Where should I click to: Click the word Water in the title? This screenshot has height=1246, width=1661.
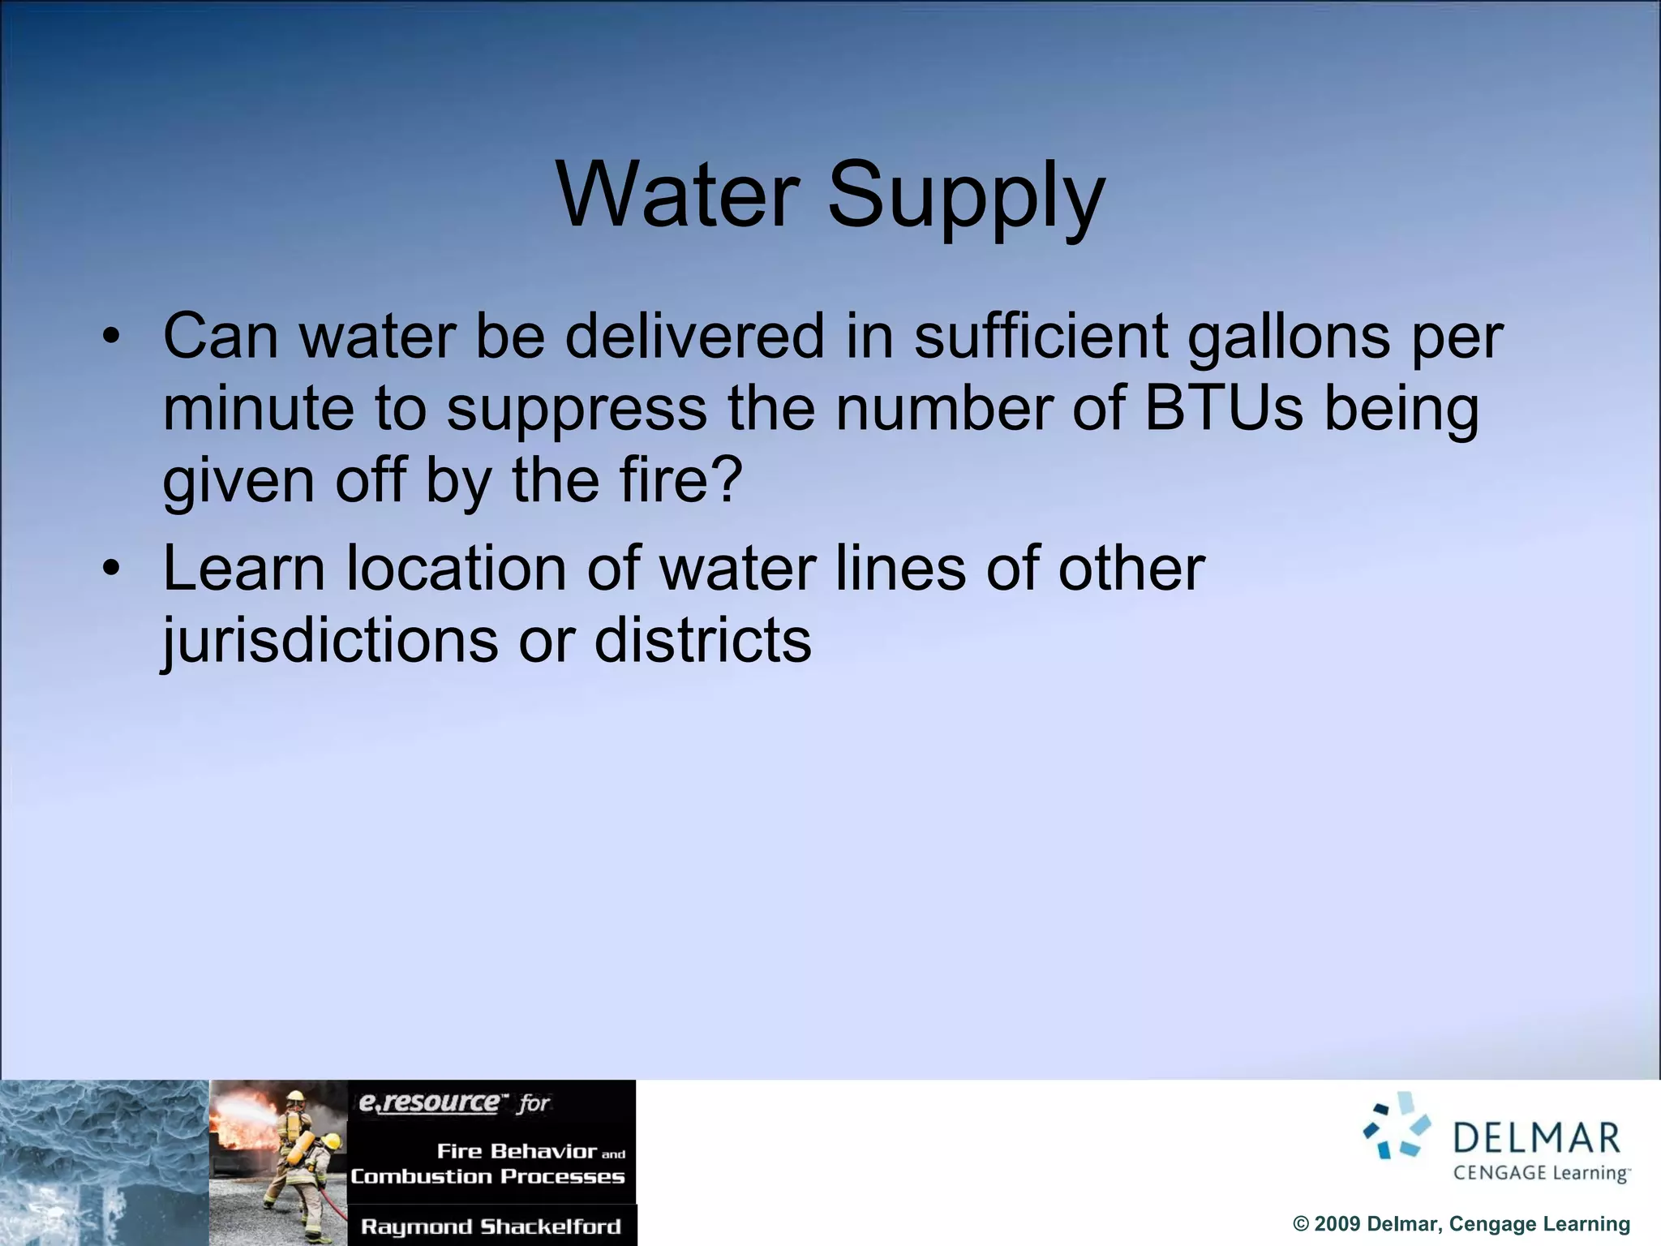[678, 195]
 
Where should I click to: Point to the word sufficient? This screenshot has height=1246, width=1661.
[1041, 336]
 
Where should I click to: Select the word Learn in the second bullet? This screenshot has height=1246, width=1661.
[244, 568]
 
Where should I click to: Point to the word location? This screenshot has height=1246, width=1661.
[457, 568]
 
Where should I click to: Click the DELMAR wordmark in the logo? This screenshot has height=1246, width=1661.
[1536, 1137]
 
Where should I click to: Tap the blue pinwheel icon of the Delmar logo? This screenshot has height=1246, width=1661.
[1397, 1126]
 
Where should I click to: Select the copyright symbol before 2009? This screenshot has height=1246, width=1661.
[1301, 1224]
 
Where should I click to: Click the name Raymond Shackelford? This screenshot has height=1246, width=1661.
[491, 1227]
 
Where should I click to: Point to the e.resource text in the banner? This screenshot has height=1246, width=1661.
[430, 1102]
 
